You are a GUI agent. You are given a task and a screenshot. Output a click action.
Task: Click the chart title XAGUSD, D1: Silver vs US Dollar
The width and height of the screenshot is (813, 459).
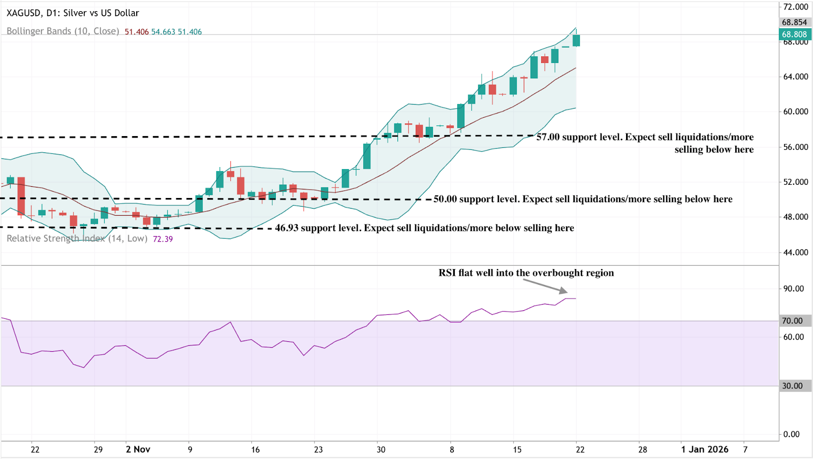(73, 13)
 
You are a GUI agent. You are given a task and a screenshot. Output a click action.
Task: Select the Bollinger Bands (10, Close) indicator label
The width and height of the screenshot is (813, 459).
(63, 31)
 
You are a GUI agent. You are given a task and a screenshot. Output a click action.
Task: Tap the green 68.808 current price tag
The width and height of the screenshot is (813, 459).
(795, 35)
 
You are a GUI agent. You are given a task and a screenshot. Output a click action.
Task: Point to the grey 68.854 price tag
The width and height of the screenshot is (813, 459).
(795, 22)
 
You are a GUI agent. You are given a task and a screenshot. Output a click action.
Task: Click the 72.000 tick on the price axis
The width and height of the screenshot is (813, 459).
(795, 7)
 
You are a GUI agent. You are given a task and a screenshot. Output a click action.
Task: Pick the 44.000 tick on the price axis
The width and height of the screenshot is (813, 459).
(795, 252)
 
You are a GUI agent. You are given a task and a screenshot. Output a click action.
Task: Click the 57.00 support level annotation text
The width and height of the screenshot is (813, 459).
(645, 143)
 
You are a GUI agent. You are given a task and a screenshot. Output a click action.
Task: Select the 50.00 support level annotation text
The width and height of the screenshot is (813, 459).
(583, 199)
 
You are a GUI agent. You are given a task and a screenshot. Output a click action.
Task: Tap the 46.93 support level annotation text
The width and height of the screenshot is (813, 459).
(424, 228)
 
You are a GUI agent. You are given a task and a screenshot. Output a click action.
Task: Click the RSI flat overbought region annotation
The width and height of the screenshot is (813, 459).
(526, 273)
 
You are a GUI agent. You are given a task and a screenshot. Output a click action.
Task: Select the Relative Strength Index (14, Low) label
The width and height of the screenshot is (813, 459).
(77, 239)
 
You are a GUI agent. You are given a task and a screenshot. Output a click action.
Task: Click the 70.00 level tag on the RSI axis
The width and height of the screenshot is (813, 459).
(795, 321)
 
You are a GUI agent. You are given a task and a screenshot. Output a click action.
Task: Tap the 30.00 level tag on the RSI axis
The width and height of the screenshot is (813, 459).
(795, 386)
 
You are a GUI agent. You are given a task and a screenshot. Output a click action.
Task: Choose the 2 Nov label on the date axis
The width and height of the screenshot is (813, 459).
(138, 449)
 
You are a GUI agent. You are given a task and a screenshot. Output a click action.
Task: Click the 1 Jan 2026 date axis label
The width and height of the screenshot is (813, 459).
(705, 449)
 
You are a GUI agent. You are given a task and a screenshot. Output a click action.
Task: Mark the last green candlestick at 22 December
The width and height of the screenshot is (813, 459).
(576, 41)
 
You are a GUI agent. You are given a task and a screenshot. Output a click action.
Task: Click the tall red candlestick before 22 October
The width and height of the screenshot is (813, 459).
(21, 196)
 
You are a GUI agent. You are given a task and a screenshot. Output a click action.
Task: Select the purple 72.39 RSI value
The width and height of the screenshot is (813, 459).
(163, 239)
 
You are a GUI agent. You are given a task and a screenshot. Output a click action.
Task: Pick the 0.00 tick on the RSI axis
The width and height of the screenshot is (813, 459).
(791, 434)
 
